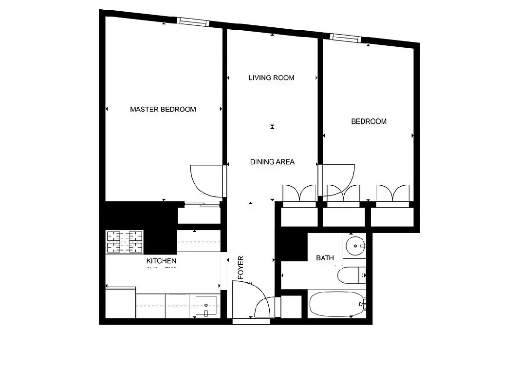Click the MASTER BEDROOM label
[163, 109]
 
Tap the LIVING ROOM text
[271, 78]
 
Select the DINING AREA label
[272, 162]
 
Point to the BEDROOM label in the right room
[369, 121]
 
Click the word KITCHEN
[161, 261]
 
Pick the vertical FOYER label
[240, 268]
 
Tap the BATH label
[325, 258]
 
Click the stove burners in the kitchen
[125, 242]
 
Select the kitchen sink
[206, 306]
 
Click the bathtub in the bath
[336, 305]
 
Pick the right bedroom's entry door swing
[337, 175]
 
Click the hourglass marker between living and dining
[273, 127]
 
